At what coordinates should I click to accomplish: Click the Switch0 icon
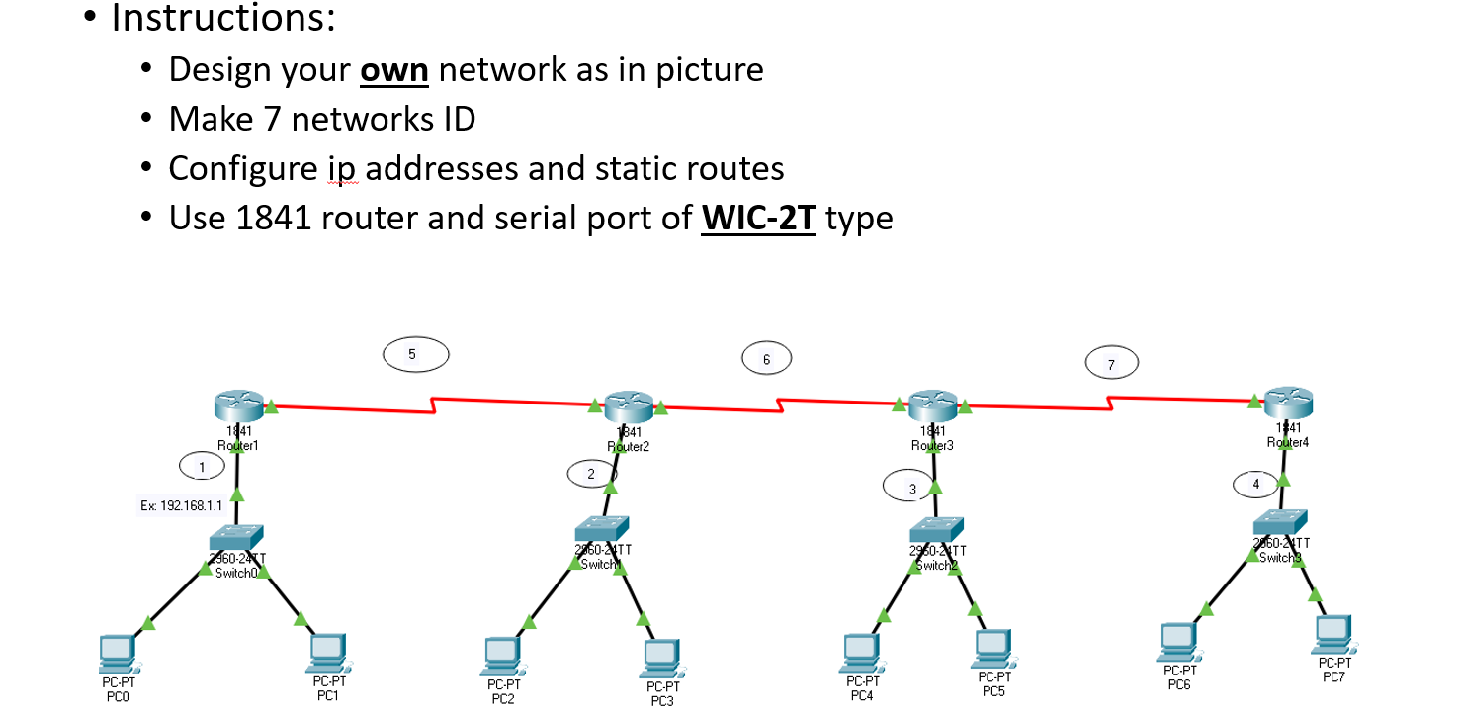point(236,537)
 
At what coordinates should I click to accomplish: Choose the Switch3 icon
point(1280,520)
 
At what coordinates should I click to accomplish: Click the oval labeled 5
point(415,353)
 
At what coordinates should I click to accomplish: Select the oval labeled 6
point(766,358)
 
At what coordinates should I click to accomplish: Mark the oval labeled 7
point(1111,363)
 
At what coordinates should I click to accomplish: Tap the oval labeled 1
point(202,465)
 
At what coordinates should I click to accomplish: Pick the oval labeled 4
point(1256,485)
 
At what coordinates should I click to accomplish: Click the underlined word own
point(393,70)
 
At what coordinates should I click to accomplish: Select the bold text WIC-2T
point(758,218)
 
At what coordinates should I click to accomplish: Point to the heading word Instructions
point(223,18)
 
